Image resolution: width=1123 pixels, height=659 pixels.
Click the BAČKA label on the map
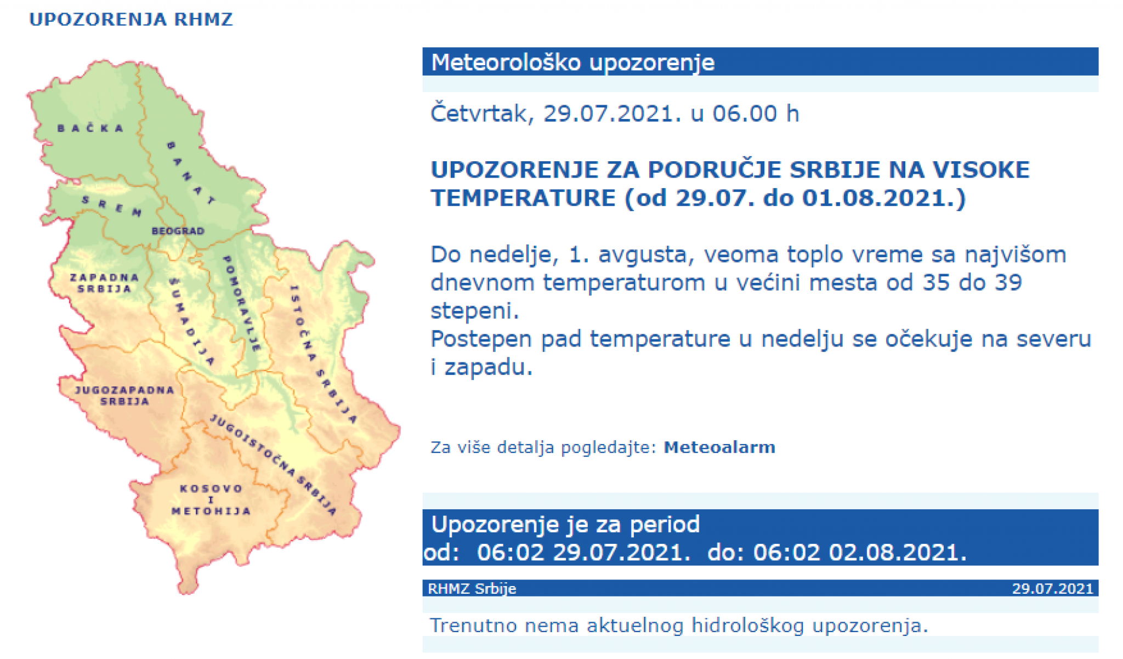[x=90, y=128]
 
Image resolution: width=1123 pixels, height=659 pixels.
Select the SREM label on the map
[x=112, y=206]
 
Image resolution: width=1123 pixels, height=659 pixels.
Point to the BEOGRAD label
[x=178, y=231]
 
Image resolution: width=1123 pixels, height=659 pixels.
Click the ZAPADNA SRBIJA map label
[x=104, y=283]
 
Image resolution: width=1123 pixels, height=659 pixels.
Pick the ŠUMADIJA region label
[x=191, y=321]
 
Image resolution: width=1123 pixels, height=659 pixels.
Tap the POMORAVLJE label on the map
[x=241, y=303]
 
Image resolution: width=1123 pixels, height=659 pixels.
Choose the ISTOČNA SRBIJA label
[x=324, y=354]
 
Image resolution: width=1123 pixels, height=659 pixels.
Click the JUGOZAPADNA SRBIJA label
[x=124, y=395]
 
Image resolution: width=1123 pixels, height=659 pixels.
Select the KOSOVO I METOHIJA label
[x=211, y=499]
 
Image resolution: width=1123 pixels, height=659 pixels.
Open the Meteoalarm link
[x=719, y=447]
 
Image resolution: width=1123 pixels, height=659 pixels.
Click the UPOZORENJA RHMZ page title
[x=131, y=19]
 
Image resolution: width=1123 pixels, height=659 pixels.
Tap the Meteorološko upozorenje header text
[x=573, y=62]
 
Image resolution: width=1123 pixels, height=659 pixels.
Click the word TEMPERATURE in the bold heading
[x=523, y=197]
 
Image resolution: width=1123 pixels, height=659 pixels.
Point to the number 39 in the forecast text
[x=1008, y=282]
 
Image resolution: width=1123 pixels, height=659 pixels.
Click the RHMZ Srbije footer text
[x=472, y=588]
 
